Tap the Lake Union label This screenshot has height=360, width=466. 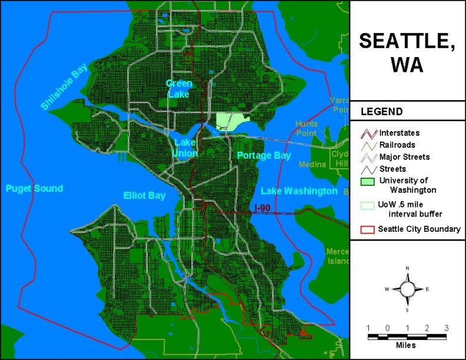[185, 147]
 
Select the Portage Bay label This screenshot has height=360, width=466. [264, 155]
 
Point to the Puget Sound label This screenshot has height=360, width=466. [34, 188]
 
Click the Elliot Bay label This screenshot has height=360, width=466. [144, 195]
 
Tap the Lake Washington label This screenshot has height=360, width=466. [299, 191]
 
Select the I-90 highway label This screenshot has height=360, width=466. [265, 208]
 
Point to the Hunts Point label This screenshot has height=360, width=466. [307, 128]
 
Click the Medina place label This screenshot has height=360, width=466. [312, 165]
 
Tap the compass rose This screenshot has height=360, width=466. [407, 289]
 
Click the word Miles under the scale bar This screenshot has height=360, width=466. [407, 345]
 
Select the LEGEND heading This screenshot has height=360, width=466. [381, 111]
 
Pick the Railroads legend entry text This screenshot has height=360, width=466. [397, 145]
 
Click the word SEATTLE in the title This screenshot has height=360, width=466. [407, 41]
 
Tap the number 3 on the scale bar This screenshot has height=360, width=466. [447, 328]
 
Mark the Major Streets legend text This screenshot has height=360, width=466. [404, 156]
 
